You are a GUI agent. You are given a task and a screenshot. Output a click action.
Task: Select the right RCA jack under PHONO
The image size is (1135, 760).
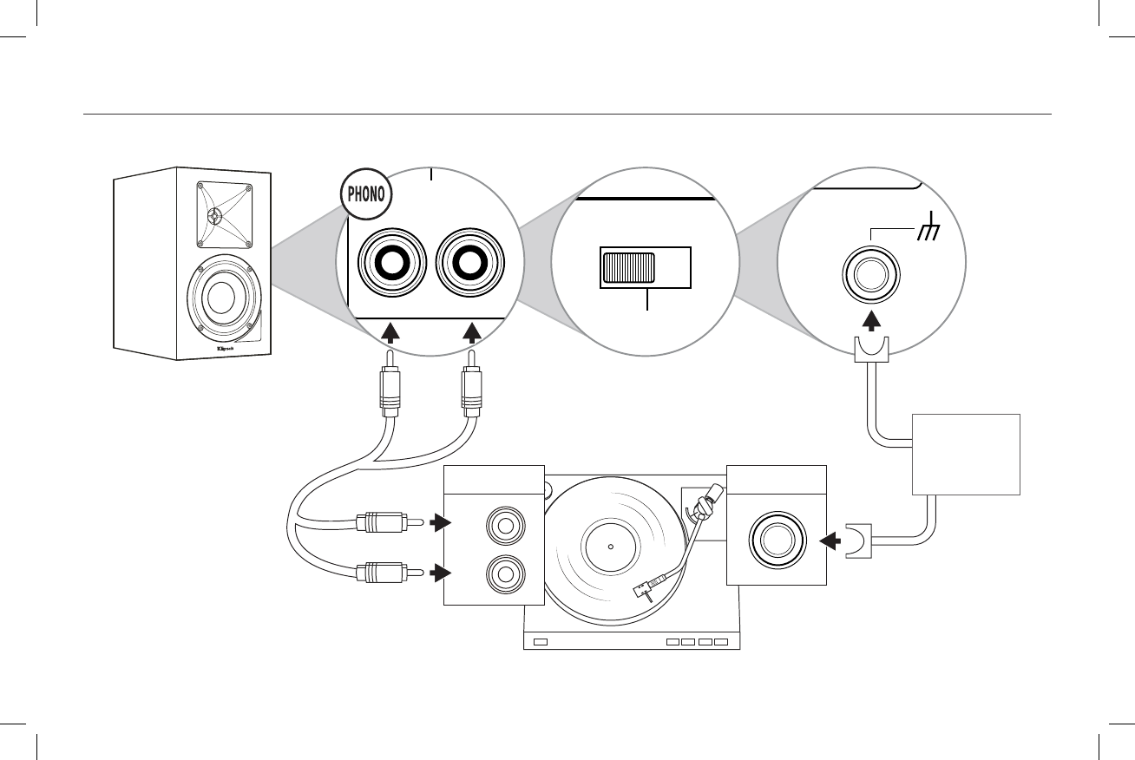470,263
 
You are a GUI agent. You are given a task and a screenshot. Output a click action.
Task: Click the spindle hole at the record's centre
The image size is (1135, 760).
610,547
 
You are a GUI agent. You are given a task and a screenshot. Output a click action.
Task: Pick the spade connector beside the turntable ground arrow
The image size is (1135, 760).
859,541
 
